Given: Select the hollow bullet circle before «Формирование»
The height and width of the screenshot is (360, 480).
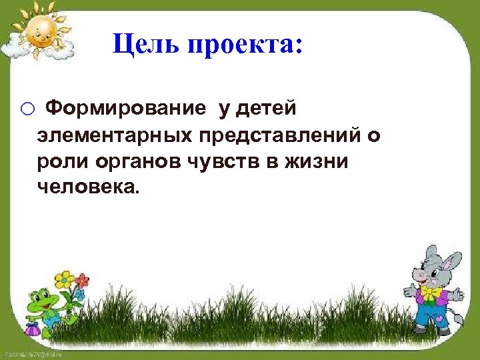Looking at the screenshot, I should point(27,109).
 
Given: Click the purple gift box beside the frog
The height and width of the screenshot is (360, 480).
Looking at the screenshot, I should point(32,329).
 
